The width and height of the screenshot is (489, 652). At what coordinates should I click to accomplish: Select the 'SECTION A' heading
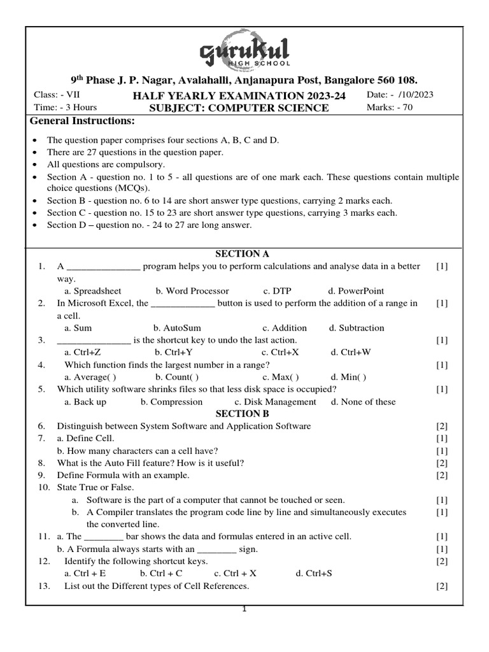[x=237, y=254]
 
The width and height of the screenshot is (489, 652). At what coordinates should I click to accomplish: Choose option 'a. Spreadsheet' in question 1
[x=93, y=291]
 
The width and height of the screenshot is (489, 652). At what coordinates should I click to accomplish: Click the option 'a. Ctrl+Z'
[x=83, y=352]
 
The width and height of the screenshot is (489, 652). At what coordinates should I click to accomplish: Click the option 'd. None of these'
[x=363, y=402]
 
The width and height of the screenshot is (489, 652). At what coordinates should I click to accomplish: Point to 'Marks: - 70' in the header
[x=390, y=108]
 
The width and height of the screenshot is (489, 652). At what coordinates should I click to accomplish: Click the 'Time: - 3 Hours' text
[x=65, y=108]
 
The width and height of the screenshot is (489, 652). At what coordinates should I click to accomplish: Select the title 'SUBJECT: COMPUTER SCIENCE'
[x=239, y=108]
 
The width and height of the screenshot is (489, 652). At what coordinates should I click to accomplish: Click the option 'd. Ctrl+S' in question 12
[x=314, y=573]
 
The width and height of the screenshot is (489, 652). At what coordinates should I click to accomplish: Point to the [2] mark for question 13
[x=442, y=586]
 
